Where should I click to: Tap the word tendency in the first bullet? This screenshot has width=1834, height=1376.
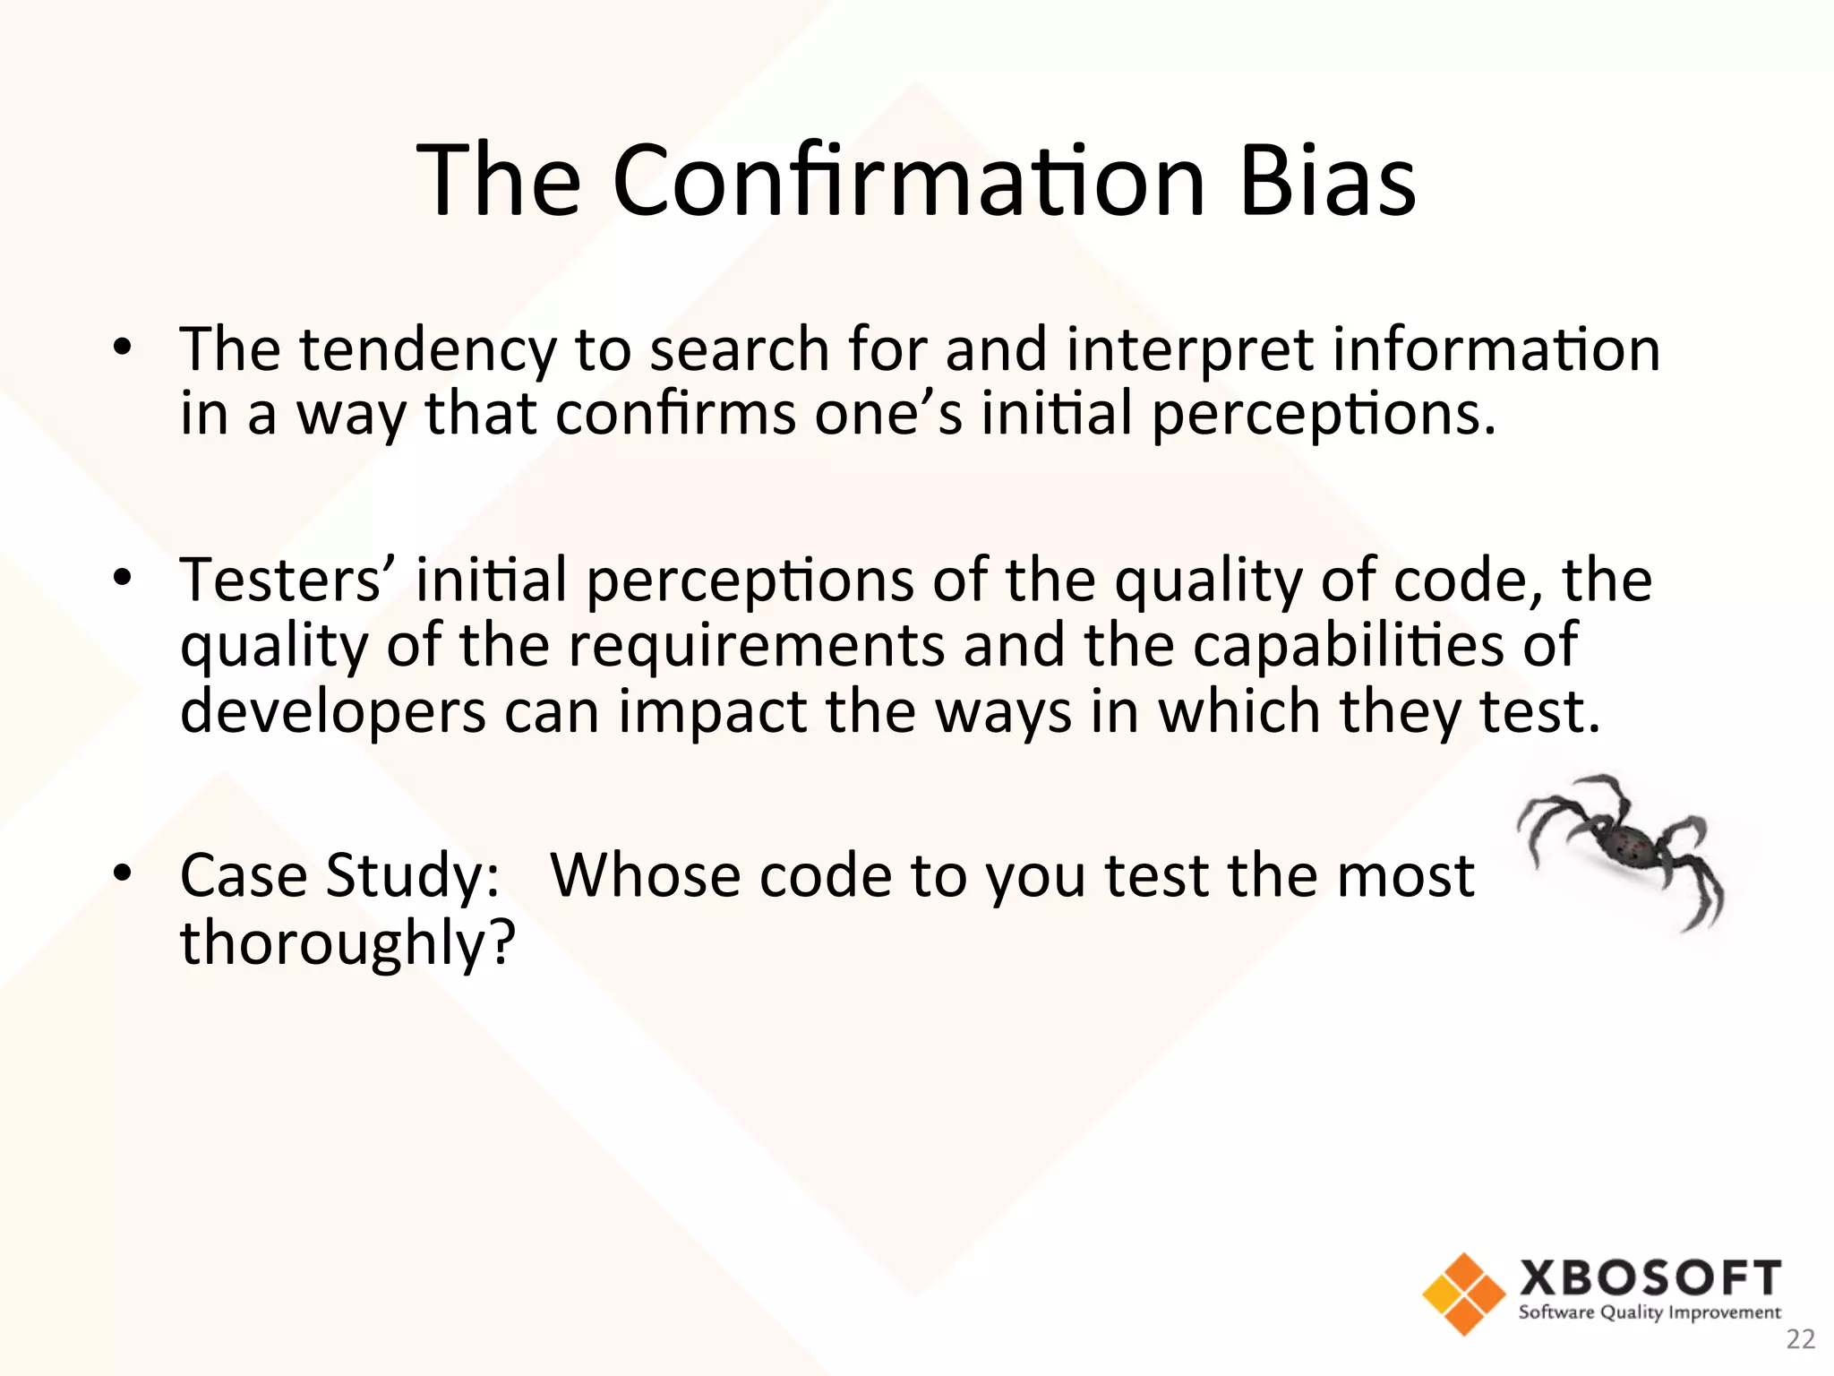[427, 351]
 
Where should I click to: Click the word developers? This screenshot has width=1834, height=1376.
[332, 712]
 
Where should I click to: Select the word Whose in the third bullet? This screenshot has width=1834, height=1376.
[645, 875]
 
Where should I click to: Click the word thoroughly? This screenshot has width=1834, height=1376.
[348, 943]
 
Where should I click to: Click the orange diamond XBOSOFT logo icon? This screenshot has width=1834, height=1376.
[1463, 1294]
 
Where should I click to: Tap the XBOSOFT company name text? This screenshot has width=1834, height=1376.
[1650, 1278]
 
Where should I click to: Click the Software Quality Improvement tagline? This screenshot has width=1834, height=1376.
[1650, 1313]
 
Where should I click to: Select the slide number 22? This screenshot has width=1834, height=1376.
[1800, 1340]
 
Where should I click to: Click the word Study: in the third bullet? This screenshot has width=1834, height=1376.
[412, 877]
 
